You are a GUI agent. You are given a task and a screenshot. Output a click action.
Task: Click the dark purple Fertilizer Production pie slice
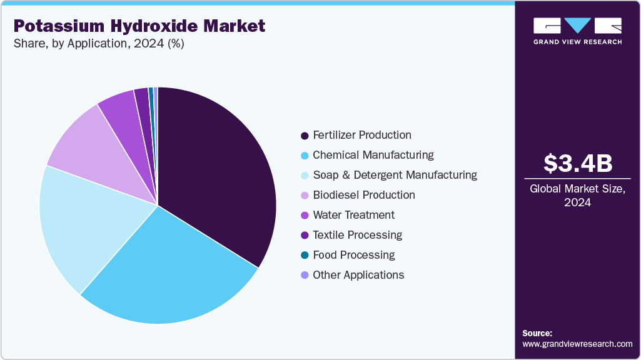pyautogui.click(x=219, y=169)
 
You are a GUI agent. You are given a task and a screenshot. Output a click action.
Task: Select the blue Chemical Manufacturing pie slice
pyautogui.click(x=175, y=269)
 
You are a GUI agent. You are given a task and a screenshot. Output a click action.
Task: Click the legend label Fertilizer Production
pyautogui.click(x=362, y=135)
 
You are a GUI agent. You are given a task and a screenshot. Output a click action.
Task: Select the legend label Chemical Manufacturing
pyautogui.click(x=373, y=155)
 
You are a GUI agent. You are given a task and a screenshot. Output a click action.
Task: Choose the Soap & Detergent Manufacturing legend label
pyautogui.click(x=395, y=175)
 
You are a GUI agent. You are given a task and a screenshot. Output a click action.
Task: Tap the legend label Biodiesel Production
pyautogui.click(x=364, y=195)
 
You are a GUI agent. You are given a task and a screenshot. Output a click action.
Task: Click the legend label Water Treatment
pyautogui.click(x=354, y=215)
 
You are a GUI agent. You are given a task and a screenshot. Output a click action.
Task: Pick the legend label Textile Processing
pyautogui.click(x=357, y=235)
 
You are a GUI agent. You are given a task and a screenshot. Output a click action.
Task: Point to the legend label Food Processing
pyautogui.click(x=354, y=255)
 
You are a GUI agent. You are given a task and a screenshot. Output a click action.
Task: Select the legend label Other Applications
pyautogui.click(x=358, y=275)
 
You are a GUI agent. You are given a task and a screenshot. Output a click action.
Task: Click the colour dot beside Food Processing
pyautogui.click(x=305, y=255)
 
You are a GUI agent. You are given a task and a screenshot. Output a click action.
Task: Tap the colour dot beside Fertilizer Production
pyautogui.click(x=305, y=135)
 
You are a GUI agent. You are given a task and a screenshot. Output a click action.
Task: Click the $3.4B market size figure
pyautogui.click(x=577, y=163)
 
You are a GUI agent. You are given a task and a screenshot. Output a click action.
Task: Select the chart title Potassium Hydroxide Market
pyautogui.click(x=139, y=26)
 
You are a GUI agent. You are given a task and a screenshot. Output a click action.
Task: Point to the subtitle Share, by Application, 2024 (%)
pyautogui.click(x=98, y=44)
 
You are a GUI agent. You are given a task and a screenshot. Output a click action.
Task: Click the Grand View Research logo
pyautogui.click(x=577, y=31)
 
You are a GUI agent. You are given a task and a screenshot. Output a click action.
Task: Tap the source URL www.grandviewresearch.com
pyautogui.click(x=577, y=344)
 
